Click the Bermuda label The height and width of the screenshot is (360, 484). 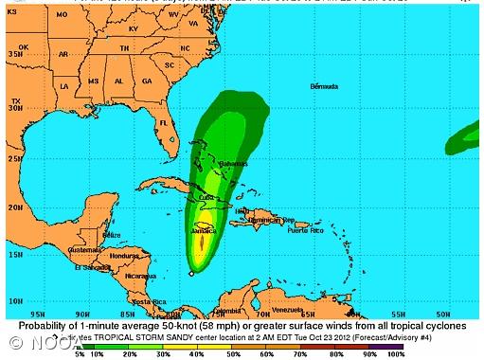coord(323,86)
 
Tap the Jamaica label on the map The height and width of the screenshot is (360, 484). coord(203,230)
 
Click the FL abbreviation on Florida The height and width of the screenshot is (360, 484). coord(162,122)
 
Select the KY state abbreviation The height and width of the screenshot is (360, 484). coord(134,28)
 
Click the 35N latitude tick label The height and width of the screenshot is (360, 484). coord(15,54)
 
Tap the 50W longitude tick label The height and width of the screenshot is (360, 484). coord(442,314)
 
